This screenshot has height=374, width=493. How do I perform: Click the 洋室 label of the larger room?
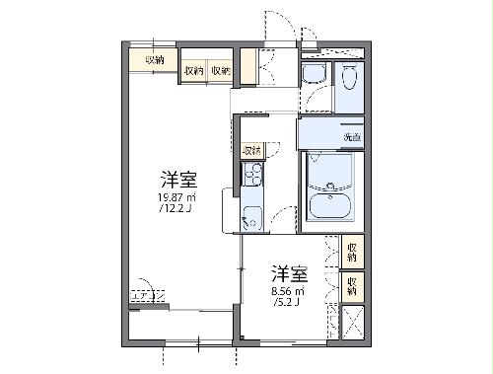178,180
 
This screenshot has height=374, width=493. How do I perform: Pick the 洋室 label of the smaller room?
287,273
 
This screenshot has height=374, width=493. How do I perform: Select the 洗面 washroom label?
350,137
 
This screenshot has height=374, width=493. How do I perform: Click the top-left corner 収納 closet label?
154,61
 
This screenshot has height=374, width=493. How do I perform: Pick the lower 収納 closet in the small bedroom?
352,286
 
